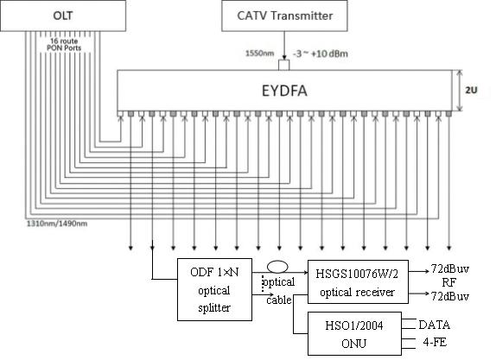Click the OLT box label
click(62, 16)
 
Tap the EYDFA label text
click(284, 91)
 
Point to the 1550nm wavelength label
click(260, 54)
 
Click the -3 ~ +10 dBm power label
click(321, 54)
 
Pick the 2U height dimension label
click(471, 90)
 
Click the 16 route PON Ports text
click(64, 44)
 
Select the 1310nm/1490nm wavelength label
click(57, 224)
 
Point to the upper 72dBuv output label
click(450, 269)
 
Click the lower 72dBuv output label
click(450, 296)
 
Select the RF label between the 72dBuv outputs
click(449, 282)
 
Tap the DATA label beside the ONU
click(434, 325)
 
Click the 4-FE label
click(435, 342)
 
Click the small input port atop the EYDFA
click(283, 65)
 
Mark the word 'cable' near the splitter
click(279, 300)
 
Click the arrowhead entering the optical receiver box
click(306, 272)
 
